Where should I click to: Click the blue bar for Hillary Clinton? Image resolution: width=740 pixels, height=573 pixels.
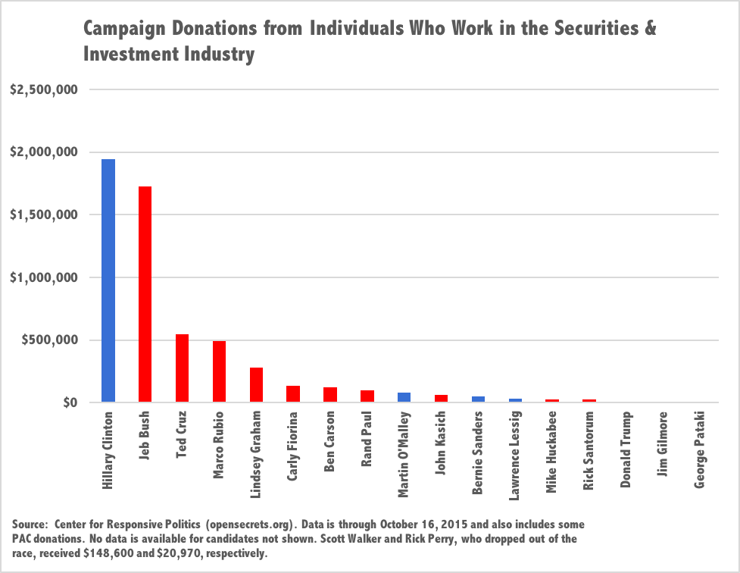pos(108,280)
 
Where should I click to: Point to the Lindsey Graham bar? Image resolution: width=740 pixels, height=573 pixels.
pos(256,384)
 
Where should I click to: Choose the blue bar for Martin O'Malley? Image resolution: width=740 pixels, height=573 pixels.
pos(404,397)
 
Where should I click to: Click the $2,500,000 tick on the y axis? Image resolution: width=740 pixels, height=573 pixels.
pos(44,90)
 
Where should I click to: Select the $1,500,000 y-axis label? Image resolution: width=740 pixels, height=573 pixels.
pos(44,214)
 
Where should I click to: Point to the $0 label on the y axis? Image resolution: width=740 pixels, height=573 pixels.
pos(67,402)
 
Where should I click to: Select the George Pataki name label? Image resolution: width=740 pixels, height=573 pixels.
pos(701,443)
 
